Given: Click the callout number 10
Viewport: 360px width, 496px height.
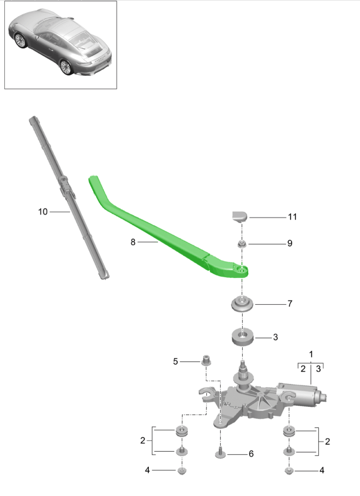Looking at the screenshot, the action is (42, 212).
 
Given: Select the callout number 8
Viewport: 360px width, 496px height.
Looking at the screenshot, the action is (133, 242).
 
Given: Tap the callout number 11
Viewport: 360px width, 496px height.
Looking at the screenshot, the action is (292, 217).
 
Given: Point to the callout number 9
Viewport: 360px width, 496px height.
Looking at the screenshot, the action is (289, 243).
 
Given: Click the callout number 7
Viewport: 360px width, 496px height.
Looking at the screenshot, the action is (289, 304).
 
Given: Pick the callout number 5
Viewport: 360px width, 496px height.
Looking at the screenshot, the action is (175, 362).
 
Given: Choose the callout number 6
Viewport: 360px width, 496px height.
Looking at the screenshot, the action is (251, 454).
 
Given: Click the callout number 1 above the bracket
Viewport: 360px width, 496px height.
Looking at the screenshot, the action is (311, 354).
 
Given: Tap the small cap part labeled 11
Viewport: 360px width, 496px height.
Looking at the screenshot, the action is (240, 217).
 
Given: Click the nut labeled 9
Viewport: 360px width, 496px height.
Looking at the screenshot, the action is (242, 244).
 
